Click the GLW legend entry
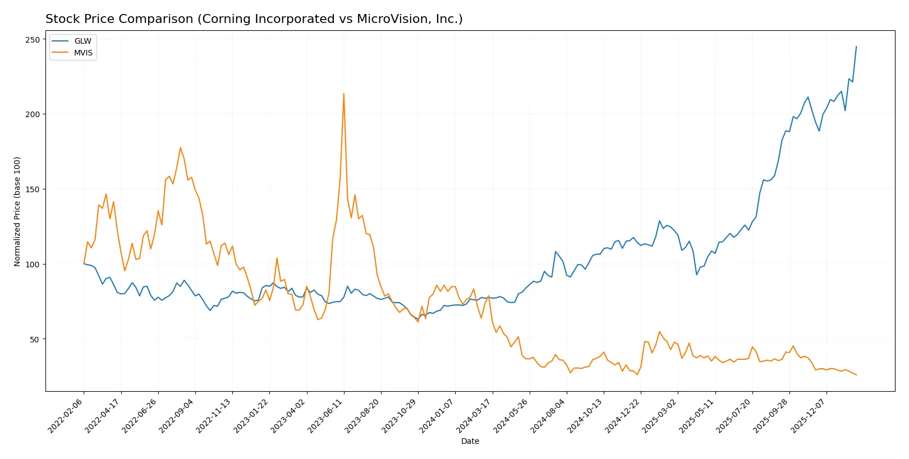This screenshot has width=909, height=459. pyautogui.click(x=82, y=41)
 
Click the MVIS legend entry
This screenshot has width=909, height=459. pyautogui.click(x=83, y=53)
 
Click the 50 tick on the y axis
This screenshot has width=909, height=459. pyautogui.click(x=35, y=339)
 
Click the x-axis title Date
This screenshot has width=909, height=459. pyautogui.click(x=470, y=441)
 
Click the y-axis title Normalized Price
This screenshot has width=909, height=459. pyautogui.click(x=17, y=211)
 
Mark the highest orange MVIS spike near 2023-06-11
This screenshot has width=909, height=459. pyautogui.click(x=344, y=94)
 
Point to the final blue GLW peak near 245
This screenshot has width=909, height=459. pyautogui.click(x=856, y=47)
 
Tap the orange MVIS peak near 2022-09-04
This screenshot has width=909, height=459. pyautogui.click(x=180, y=147)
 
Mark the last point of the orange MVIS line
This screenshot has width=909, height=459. pyautogui.click(x=856, y=375)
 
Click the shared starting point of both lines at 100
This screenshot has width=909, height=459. pyautogui.click(x=84, y=263)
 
